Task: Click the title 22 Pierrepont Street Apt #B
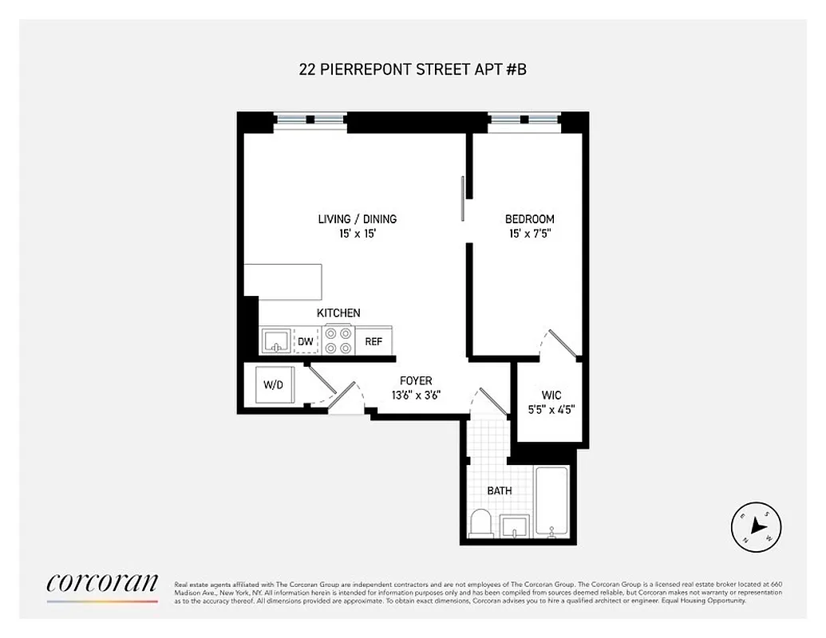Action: [413, 69]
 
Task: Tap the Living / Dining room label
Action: [357, 219]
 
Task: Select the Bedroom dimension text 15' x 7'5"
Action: [529, 234]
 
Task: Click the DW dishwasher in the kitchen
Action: [306, 341]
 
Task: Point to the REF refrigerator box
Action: [373, 341]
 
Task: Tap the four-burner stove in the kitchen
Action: [338, 341]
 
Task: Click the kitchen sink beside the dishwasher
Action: [276, 341]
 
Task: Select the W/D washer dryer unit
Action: [274, 385]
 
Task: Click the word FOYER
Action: [416, 381]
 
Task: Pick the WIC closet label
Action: [551, 394]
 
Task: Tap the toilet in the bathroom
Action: [481, 525]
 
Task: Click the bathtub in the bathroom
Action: [551, 502]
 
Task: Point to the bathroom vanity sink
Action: [515, 526]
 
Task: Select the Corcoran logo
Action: [102, 584]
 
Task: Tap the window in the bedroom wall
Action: [524, 120]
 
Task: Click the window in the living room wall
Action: [310, 120]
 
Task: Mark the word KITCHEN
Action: [338, 313]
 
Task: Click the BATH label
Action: [500, 490]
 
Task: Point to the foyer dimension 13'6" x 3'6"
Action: [415, 395]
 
